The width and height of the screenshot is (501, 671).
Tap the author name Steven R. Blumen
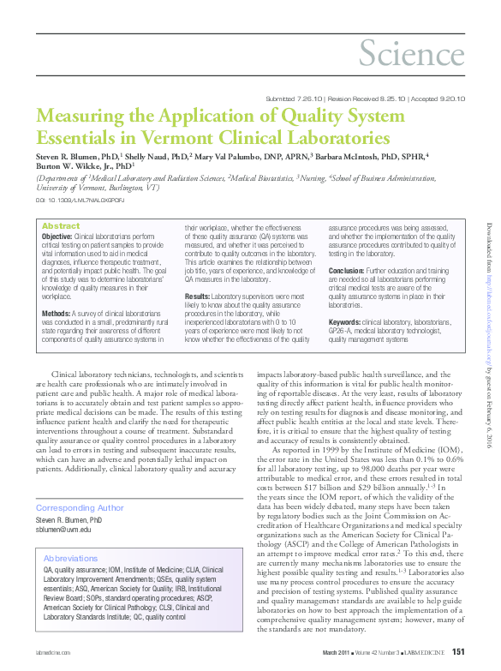click(x=70, y=157)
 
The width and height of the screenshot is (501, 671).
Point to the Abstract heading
click(x=61, y=225)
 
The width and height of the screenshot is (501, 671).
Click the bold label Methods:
click(x=57, y=291)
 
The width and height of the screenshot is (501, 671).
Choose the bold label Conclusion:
click(x=349, y=268)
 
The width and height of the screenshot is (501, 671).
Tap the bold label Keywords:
click(x=345, y=322)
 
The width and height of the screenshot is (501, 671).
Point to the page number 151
click(x=458, y=654)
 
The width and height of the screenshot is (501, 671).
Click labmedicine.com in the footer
click(x=53, y=655)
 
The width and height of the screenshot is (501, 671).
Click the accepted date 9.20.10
click(x=450, y=99)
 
